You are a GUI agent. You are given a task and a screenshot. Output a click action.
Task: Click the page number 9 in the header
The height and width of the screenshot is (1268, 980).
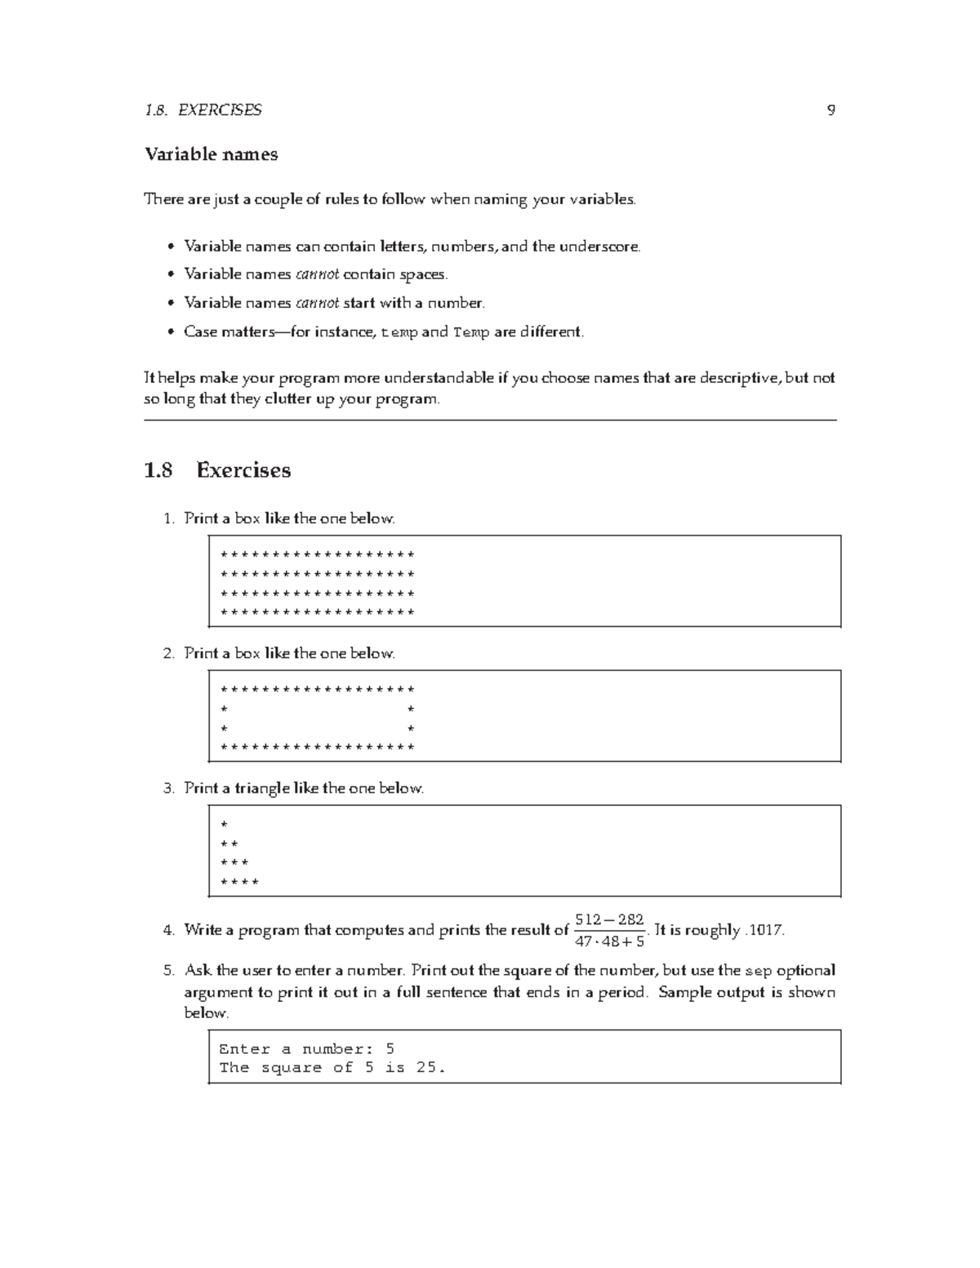831,110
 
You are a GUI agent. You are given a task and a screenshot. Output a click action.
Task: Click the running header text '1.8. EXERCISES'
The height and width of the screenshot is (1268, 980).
203,110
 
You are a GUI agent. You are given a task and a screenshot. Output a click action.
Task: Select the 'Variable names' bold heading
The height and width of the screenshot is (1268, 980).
211,154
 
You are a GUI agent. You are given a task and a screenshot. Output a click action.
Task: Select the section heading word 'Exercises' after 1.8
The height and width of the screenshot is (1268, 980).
243,470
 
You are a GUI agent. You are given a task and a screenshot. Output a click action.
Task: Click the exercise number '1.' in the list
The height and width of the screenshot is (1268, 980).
168,519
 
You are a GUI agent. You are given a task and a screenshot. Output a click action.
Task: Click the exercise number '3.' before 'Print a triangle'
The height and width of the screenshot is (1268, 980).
168,789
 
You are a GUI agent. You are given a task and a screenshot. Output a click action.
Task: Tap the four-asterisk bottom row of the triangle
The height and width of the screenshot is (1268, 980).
239,883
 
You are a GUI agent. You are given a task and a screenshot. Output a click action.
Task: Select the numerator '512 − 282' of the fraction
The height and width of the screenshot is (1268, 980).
609,920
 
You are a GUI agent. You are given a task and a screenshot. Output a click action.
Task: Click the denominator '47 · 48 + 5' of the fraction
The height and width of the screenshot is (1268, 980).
609,941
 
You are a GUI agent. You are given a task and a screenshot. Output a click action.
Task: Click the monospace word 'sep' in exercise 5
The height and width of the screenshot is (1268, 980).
759,972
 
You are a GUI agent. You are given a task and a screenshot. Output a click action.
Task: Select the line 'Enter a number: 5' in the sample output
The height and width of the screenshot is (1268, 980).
306,1049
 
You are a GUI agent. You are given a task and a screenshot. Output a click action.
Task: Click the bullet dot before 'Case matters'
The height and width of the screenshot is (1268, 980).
170,332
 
